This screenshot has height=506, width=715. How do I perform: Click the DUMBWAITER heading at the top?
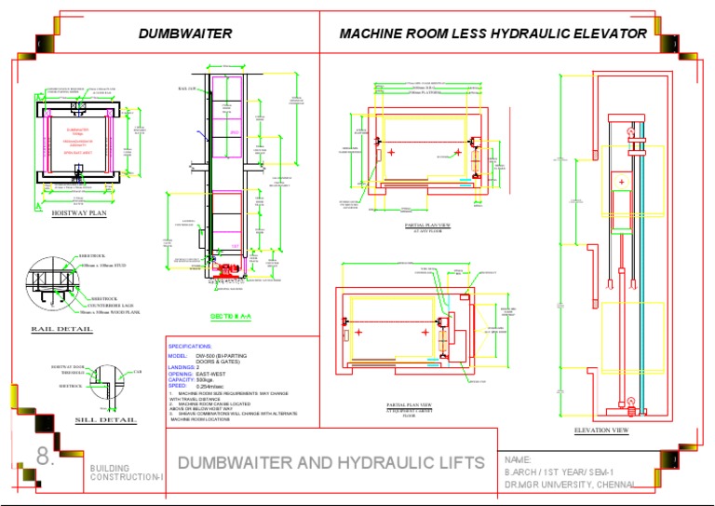click(x=185, y=34)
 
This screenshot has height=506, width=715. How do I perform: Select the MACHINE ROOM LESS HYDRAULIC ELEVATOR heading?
click(x=492, y=34)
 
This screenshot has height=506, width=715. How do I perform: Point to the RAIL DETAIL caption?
click(x=61, y=329)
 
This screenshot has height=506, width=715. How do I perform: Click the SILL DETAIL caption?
click(x=104, y=420)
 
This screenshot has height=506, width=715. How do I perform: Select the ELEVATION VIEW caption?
click(x=602, y=430)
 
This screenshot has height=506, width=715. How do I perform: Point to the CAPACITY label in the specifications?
click(x=181, y=380)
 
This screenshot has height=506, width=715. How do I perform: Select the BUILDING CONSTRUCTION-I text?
click(x=127, y=472)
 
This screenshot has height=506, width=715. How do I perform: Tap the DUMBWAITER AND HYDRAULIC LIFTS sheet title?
click(x=331, y=462)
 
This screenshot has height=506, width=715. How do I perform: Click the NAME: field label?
click(x=518, y=460)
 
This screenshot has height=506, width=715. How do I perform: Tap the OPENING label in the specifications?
click(x=182, y=374)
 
